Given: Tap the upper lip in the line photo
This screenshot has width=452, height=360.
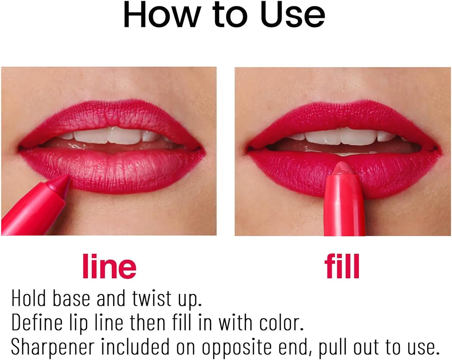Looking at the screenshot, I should [111, 119].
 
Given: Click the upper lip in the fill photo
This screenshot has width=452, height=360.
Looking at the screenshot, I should [344, 119].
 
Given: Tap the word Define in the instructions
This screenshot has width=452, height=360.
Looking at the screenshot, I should [36, 323].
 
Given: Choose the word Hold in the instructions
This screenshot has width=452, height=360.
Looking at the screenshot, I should [29, 298].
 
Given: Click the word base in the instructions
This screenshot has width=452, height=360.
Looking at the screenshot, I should [71, 298].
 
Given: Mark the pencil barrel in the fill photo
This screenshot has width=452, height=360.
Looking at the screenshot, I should [344, 208].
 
